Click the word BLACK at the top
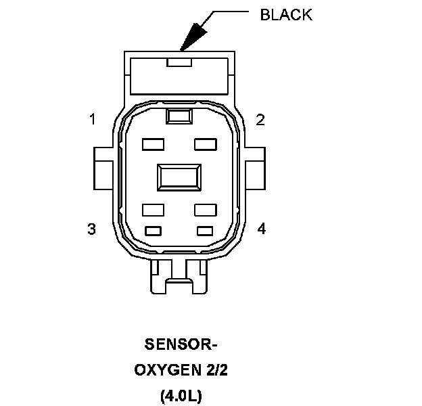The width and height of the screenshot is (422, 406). point(286,16)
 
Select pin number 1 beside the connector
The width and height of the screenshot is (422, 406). point(92,120)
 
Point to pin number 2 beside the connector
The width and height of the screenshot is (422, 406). point(260,120)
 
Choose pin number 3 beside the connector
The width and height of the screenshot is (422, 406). point(92,229)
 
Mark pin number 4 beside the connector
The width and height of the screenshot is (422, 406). point(262,229)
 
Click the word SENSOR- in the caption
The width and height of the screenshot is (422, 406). point(181,345)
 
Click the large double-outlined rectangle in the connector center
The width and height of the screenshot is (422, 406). point(179,177)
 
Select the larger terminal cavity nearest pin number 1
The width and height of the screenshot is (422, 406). point(154,144)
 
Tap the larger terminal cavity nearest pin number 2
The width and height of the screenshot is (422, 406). point(205,144)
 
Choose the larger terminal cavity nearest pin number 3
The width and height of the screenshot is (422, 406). point(154,209)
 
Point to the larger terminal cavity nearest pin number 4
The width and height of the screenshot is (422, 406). point(205,209)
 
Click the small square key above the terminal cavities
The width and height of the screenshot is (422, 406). point(179,116)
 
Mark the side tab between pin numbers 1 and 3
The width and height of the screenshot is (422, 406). point(103,166)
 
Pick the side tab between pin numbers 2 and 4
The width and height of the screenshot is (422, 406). point(256,166)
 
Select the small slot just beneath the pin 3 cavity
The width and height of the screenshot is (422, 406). point(154,231)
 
